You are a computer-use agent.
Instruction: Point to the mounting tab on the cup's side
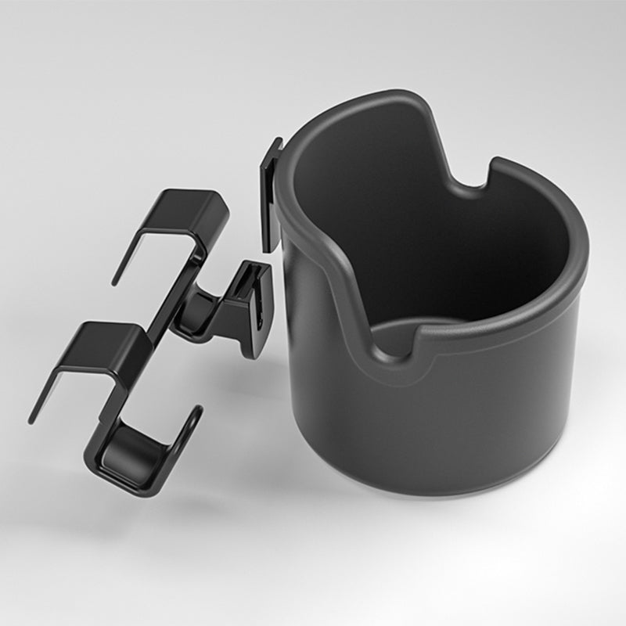[x=271, y=192]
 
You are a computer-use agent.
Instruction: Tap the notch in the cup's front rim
[x=399, y=336]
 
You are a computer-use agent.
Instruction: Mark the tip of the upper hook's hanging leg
[x=116, y=280]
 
